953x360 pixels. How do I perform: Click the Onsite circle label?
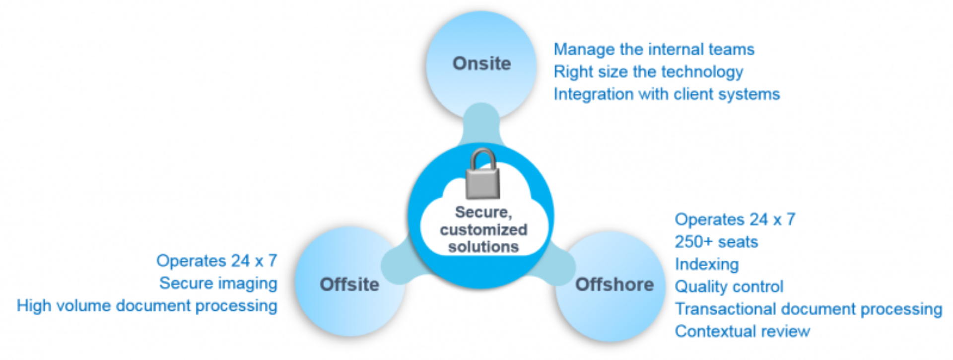click(481, 64)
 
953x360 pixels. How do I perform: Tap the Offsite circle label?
click(349, 285)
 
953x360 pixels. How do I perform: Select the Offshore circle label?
click(614, 285)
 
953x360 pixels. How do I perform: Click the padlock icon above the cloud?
click(482, 175)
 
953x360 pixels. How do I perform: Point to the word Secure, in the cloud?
click(483, 212)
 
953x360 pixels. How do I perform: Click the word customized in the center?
click(483, 229)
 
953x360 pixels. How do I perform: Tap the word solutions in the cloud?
click(483, 247)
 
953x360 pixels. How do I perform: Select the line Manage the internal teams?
click(654, 49)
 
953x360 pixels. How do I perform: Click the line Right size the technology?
click(648, 72)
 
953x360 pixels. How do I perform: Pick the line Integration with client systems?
click(667, 94)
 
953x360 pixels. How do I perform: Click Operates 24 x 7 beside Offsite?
click(216, 261)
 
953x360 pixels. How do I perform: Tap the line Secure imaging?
click(218, 283)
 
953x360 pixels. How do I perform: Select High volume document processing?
click(147, 305)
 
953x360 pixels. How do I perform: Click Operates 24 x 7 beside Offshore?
click(735, 219)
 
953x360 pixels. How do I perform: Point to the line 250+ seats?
click(716, 242)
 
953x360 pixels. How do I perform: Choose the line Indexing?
click(706, 264)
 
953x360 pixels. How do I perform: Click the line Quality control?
click(729, 287)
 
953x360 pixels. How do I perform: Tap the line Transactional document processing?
click(808, 309)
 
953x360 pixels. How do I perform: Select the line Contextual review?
click(742, 331)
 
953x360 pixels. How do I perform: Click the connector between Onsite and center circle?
click(480, 127)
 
